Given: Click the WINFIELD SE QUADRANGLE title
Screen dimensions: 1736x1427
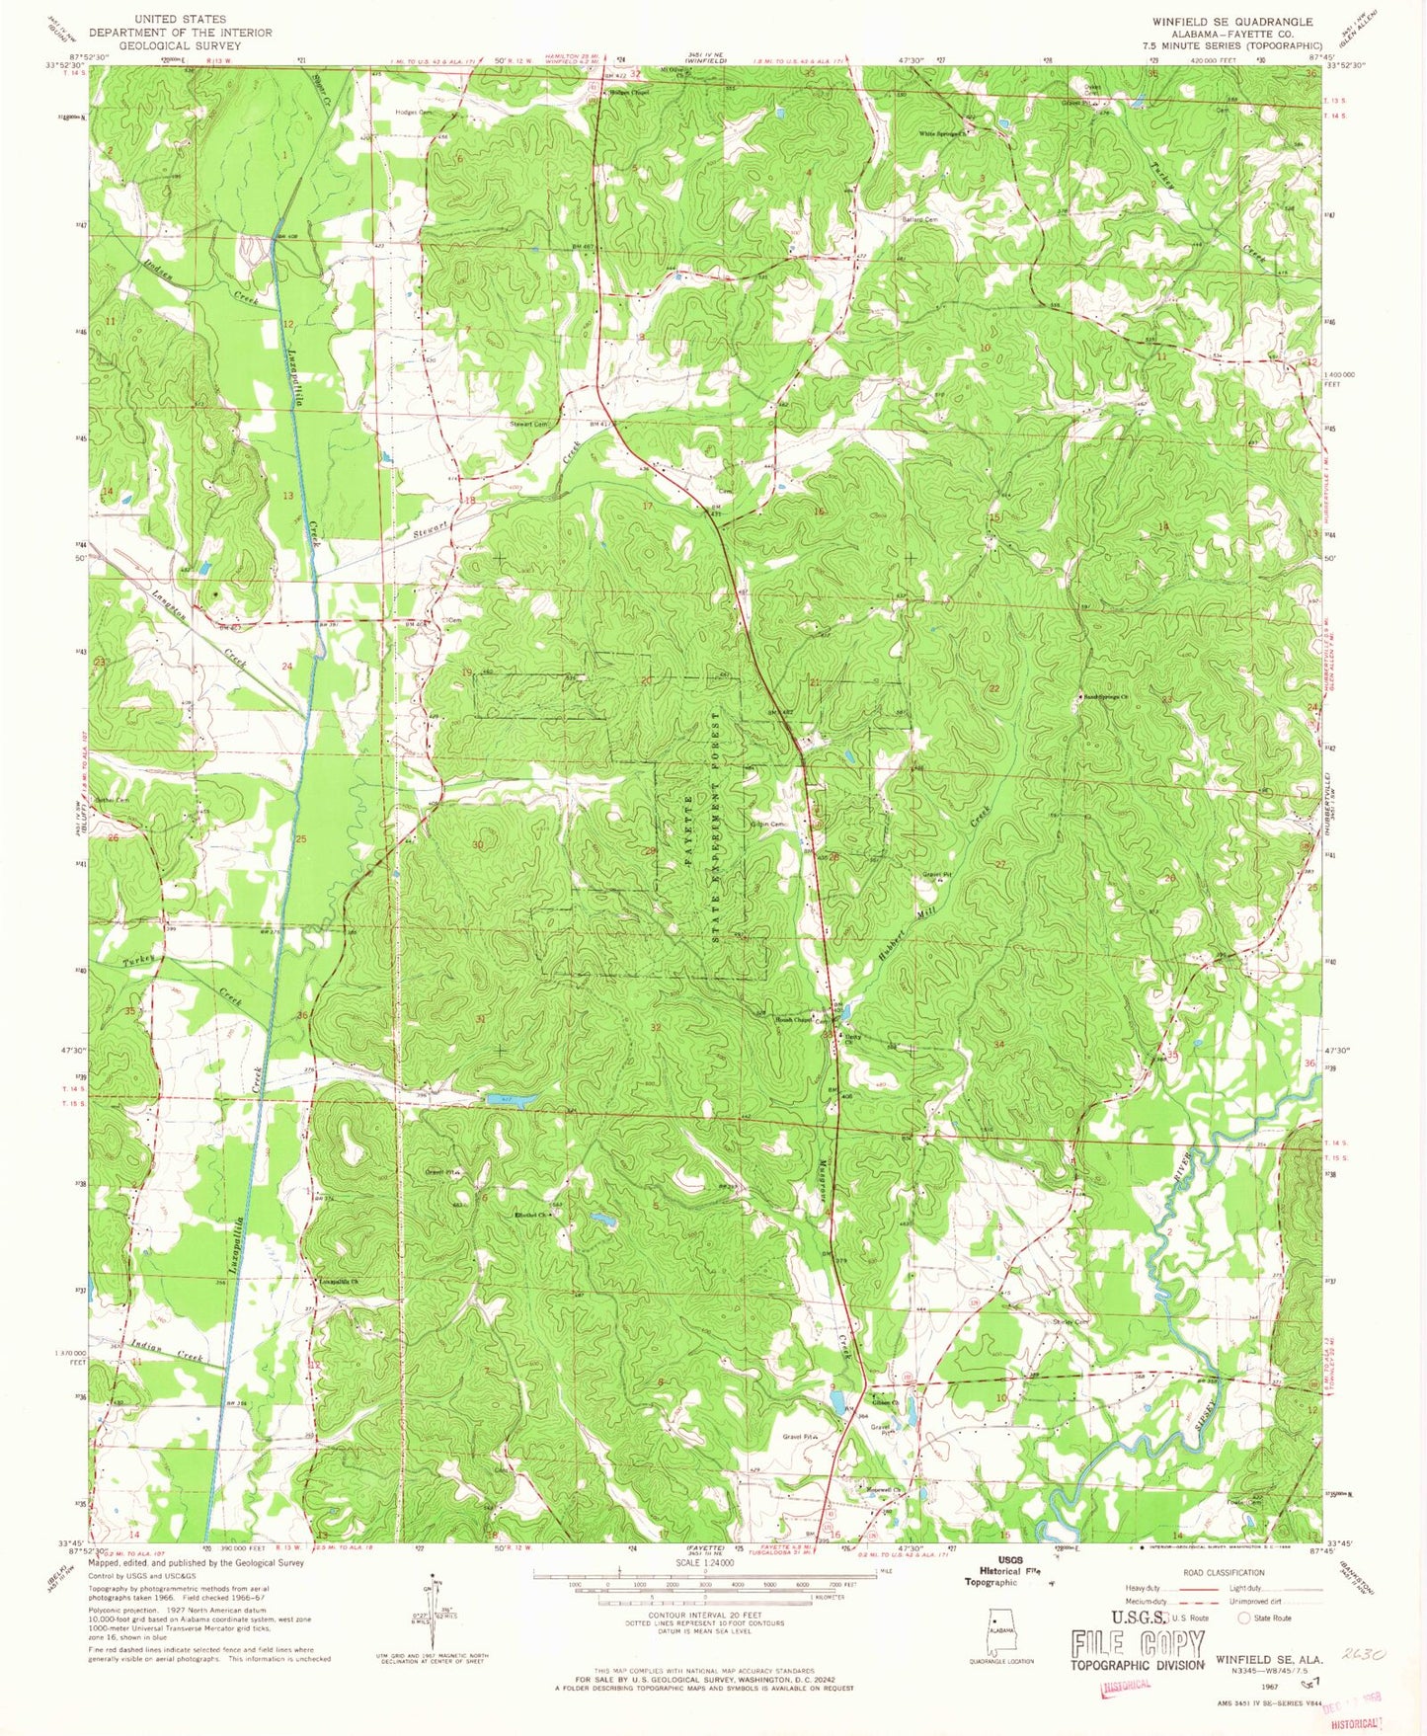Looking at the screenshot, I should pyautogui.click(x=1232, y=21).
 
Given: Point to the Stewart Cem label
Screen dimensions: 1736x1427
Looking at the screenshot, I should pyautogui.click(x=528, y=424).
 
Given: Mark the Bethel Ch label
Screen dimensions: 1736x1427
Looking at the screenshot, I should pyautogui.click(x=532, y=1215).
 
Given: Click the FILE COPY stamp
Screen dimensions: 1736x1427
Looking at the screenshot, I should pyautogui.click(x=1138, y=1644).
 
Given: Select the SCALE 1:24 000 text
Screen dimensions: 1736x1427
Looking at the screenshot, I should pyautogui.click(x=705, y=1563).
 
